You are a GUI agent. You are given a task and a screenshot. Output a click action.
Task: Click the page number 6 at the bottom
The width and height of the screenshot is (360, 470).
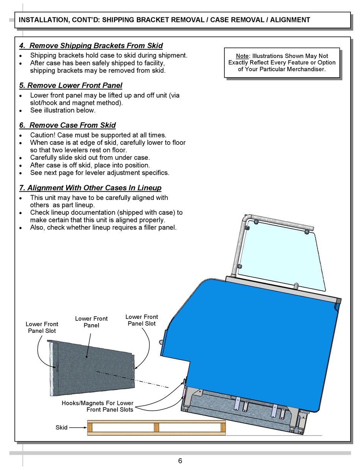[x=180, y=461]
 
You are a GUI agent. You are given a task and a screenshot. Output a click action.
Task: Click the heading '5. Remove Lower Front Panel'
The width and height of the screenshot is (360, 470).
[x=70, y=86]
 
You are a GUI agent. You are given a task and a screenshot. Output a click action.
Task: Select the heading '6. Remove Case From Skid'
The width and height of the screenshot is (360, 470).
[x=67, y=125]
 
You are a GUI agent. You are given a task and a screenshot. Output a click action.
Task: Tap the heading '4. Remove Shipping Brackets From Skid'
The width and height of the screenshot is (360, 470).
[x=91, y=46]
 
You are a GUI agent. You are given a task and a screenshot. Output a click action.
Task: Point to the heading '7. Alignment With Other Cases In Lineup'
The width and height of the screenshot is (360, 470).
[x=90, y=188]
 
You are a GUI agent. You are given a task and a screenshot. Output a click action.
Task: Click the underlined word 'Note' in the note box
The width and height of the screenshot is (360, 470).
[x=242, y=56]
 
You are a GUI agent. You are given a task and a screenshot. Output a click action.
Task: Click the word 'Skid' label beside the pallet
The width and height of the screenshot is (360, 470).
[x=61, y=428]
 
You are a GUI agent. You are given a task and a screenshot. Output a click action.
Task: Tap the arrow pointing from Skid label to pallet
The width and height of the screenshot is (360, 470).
[x=78, y=428]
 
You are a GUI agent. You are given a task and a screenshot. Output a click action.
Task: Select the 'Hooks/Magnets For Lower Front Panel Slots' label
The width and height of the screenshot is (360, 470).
[x=97, y=406]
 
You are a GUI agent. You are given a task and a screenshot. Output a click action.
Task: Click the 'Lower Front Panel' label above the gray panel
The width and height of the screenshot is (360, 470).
[x=91, y=322]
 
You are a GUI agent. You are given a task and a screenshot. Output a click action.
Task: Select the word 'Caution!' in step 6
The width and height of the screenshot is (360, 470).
[x=43, y=135]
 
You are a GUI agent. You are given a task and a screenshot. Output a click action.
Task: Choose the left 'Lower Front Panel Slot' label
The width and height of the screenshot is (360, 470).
[x=42, y=328]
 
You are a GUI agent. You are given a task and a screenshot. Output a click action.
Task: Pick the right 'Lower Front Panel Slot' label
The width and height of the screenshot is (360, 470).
[x=142, y=320]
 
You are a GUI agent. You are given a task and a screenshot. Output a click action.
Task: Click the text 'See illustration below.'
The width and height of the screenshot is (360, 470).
[x=63, y=111]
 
